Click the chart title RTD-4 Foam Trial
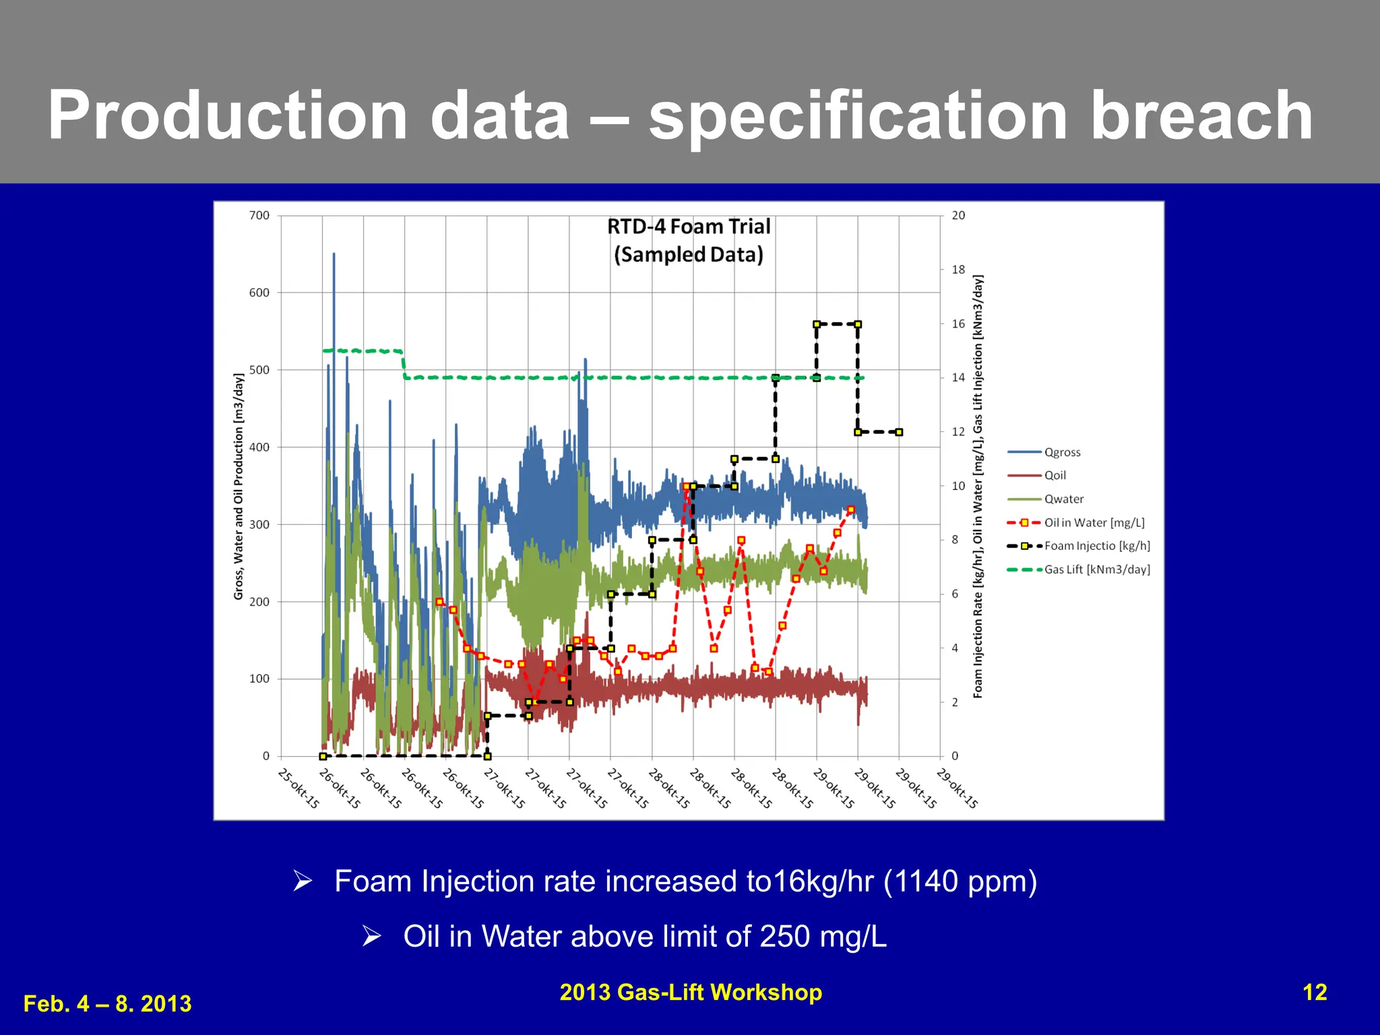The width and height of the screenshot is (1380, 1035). point(689,227)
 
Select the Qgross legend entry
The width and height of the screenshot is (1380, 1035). point(1062,452)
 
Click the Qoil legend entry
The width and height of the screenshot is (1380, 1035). point(1055,476)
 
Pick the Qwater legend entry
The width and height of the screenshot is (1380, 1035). point(1063,499)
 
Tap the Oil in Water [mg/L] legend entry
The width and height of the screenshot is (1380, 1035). point(1094,523)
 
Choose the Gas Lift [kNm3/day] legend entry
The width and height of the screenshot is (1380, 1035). point(1096,569)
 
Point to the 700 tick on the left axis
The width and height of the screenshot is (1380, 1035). point(259,216)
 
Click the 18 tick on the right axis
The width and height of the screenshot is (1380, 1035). point(958,270)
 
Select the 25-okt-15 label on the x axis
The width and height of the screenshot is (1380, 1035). point(299,788)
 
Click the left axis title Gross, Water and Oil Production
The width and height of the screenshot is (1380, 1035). point(239,486)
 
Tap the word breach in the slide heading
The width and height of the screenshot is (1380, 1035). point(1201,116)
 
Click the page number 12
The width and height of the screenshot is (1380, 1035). point(1315,993)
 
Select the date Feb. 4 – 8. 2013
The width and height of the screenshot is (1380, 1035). point(108,1004)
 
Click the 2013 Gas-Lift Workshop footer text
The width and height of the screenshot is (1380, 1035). point(691,993)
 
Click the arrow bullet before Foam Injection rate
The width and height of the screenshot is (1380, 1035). point(303,881)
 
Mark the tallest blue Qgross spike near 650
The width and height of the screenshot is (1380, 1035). point(334,255)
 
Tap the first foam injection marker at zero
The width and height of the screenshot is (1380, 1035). point(323,756)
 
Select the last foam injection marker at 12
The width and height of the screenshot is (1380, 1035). point(899,432)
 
